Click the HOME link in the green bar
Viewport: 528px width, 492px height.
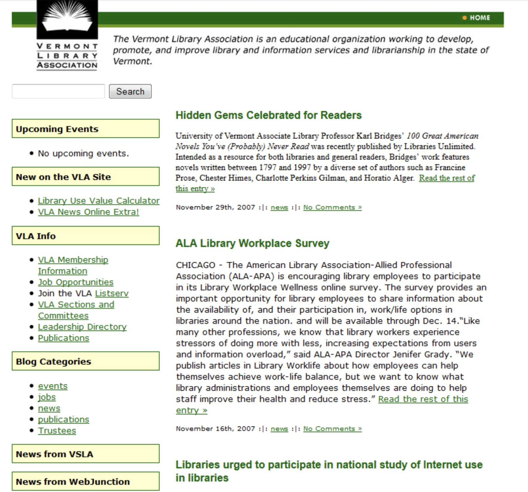(479, 18)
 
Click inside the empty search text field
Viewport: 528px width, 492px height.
(58, 91)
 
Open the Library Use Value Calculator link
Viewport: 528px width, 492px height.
(99, 201)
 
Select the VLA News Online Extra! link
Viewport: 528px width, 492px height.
(88, 212)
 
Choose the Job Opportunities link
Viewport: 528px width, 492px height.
(76, 282)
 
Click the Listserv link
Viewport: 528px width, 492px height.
(112, 293)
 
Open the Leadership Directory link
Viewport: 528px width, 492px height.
(82, 327)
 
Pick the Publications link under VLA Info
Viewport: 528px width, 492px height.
(63, 338)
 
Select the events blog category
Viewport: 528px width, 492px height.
(53, 386)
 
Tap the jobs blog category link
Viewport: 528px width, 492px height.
(47, 397)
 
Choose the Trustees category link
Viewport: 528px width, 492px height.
(57, 431)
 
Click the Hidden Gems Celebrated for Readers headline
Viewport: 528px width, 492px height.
(268, 115)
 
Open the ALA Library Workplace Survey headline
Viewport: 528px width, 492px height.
(252, 243)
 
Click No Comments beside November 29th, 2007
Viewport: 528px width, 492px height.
(332, 207)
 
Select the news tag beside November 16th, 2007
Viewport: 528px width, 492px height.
(279, 429)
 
